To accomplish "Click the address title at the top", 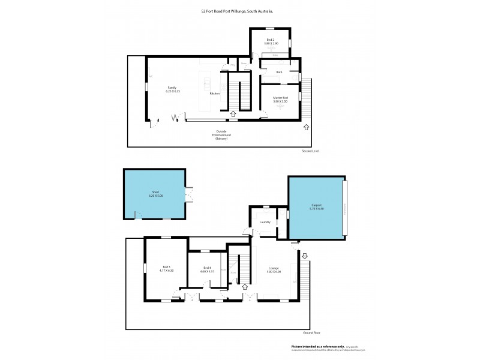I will click(239, 11).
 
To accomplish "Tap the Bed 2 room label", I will click(270, 40).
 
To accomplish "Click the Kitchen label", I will click(214, 94).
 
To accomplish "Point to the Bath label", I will click(279, 73).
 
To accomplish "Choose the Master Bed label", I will click(280, 98).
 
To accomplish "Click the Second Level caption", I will click(311, 151).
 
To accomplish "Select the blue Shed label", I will click(155, 191).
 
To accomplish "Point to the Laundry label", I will click(265, 222).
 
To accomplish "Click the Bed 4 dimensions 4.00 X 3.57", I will click(207, 271).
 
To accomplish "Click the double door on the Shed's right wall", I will click(190, 195).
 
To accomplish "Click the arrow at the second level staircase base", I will click(233, 113).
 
